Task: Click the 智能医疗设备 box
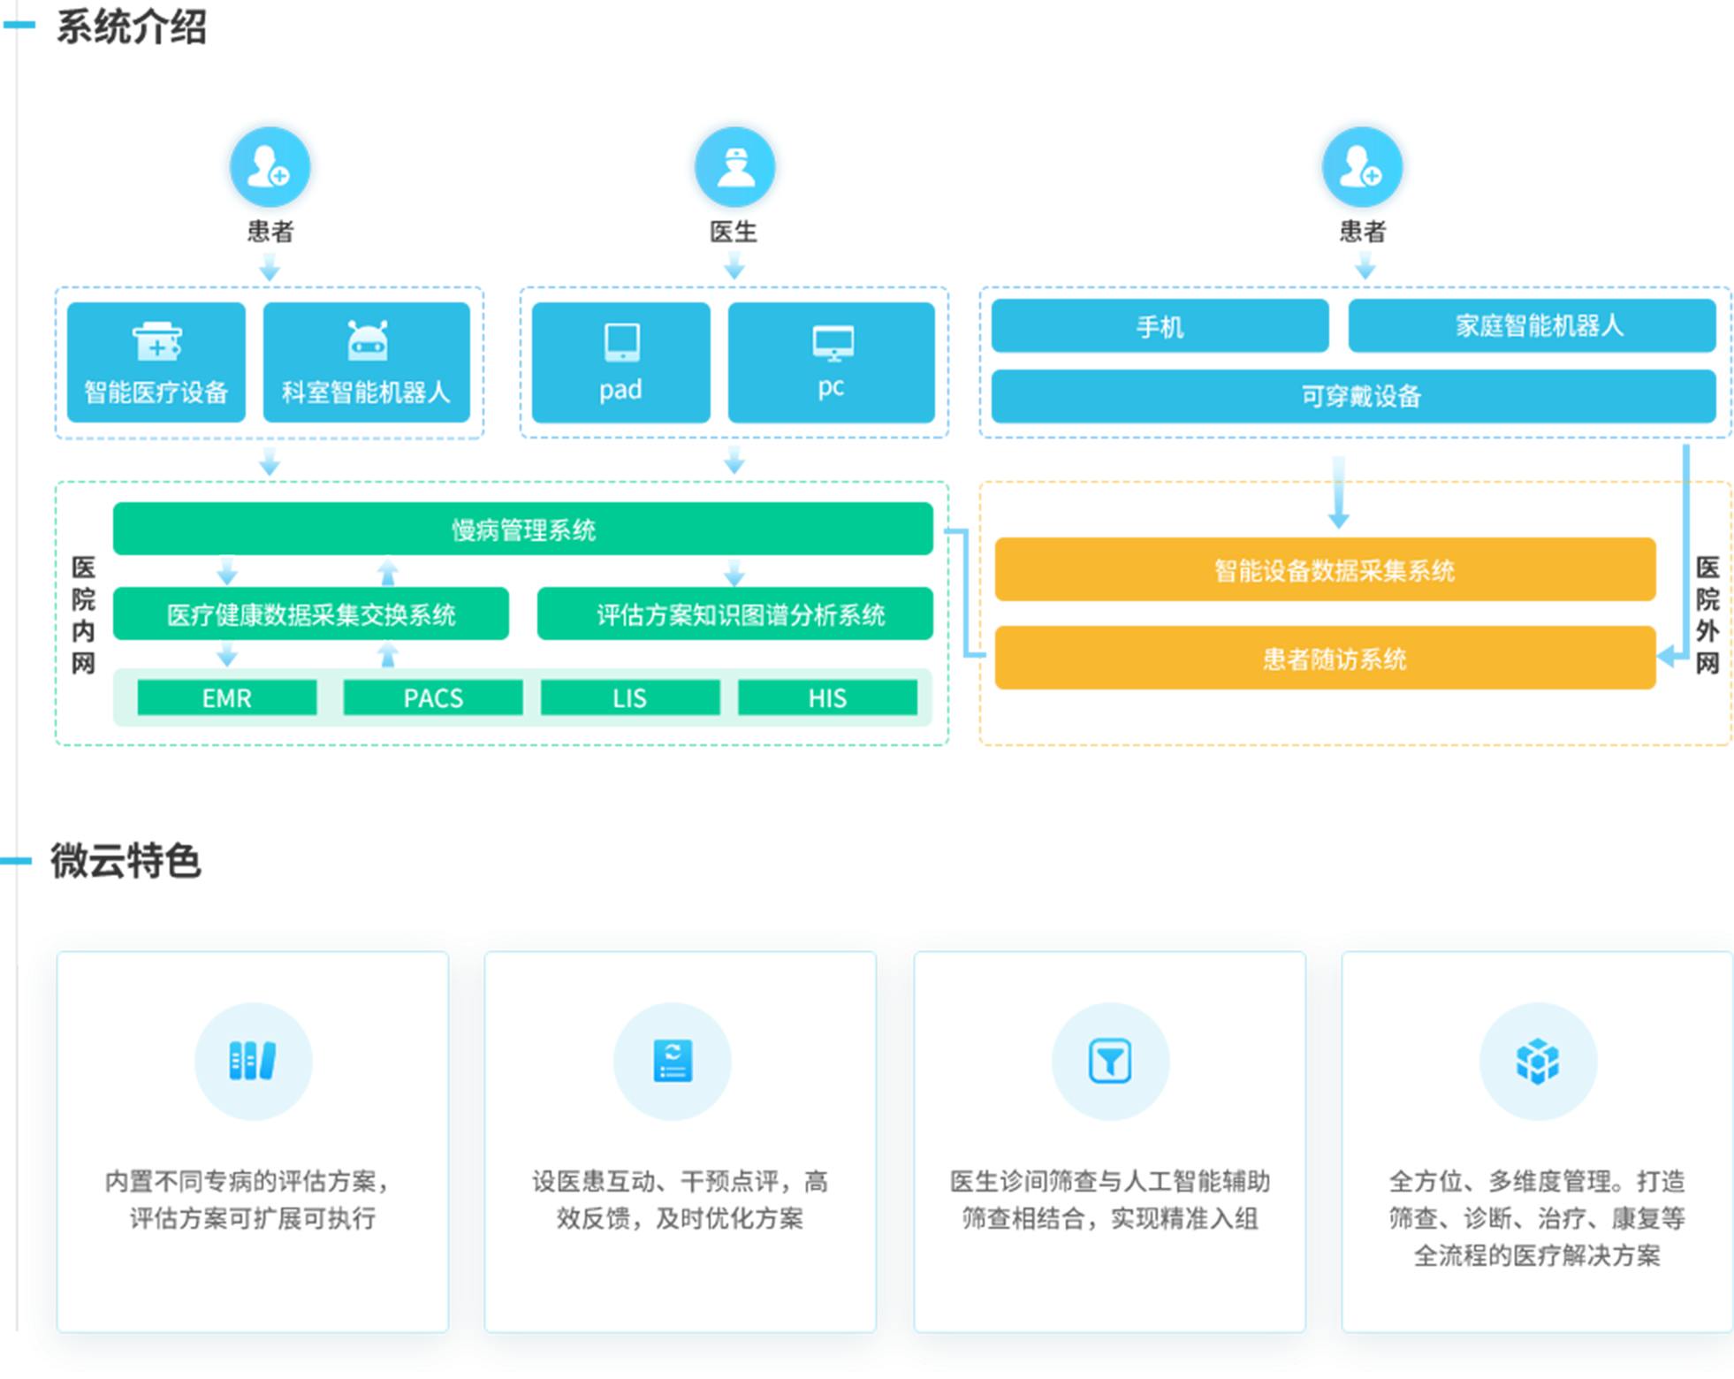[156, 362]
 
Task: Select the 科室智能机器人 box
[366, 362]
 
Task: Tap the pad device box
[620, 362]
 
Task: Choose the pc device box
[831, 362]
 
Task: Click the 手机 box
[1160, 326]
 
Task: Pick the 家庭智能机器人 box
[1532, 326]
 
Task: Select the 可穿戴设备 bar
[1353, 396]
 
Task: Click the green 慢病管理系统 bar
[523, 529]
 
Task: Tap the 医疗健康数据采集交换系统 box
[311, 613]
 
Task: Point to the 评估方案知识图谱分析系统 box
[735, 613]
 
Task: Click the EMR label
[227, 698]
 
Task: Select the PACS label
[433, 698]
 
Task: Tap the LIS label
[629, 698]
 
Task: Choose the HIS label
[827, 698]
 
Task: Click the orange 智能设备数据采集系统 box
[1325, 569]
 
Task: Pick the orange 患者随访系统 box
[1325, 658]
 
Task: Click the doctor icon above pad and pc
[734, 166]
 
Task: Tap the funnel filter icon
[1110, 1061]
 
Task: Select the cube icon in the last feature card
[1538, 1061]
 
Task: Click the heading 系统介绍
[131, 27]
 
